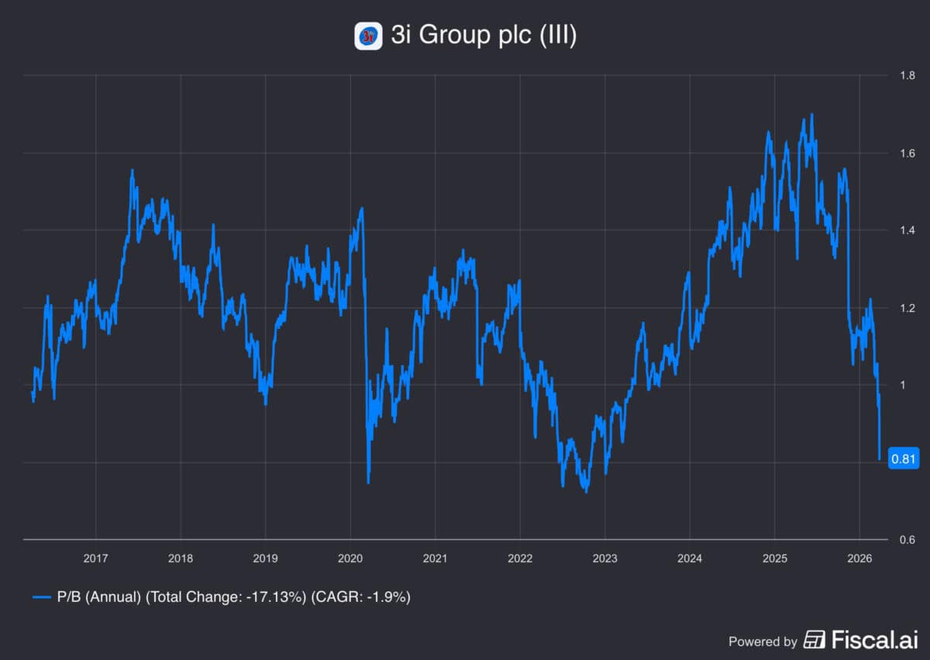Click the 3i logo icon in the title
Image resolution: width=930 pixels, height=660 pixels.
point(368,36)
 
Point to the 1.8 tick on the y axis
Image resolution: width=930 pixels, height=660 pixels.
point(907,76)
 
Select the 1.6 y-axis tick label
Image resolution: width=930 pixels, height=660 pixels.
point(907,154)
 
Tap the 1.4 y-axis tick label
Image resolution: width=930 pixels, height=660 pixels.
point(907,231)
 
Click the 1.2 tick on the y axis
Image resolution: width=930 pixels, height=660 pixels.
point(907,308)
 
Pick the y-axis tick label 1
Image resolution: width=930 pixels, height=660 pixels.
point(902,385)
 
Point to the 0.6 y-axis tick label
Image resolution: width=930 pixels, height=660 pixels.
point(907,540)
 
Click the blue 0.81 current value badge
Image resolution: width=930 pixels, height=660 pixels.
point(904,460)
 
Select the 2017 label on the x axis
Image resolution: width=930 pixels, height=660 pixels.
point(95,558)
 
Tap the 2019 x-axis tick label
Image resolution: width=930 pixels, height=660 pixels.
point(265,558)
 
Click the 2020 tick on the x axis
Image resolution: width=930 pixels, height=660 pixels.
point(350,558)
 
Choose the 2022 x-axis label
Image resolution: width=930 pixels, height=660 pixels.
point(519,558)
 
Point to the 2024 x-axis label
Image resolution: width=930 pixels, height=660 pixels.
point(689,558)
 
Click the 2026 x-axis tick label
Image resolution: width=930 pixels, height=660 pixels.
point(859,558)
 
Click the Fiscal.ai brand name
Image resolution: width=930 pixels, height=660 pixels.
point(874,640)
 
